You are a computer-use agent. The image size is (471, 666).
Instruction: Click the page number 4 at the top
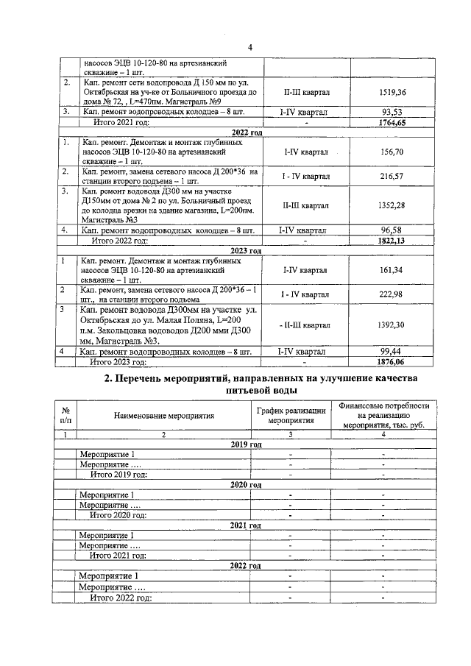point(249,48)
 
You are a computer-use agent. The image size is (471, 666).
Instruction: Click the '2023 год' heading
point(246,250)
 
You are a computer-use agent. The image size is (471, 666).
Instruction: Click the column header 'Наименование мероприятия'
point(163,415)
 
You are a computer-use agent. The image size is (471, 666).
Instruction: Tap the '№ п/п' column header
point(66,415)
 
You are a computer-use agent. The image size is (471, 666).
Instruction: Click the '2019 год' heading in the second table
point(246,444)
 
